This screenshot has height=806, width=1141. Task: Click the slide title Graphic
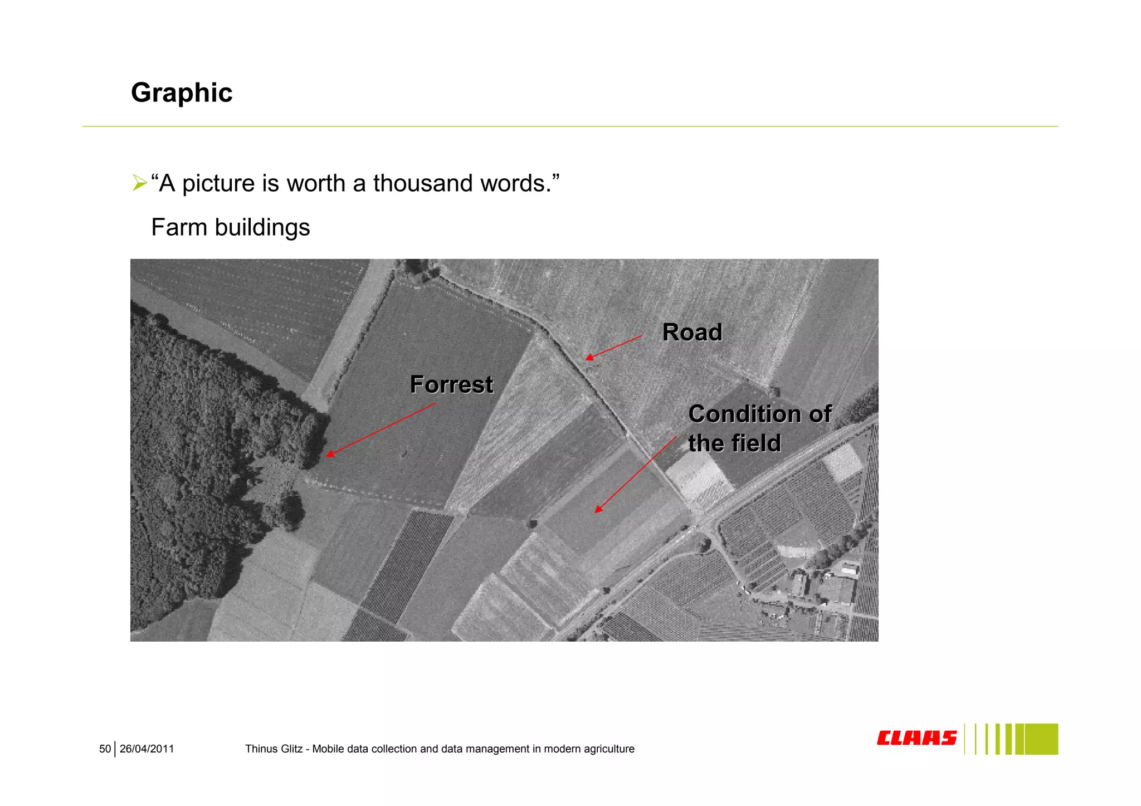(182, 93)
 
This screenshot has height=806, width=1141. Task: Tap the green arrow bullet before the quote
(139, 183)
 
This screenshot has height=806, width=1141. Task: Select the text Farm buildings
(231, 227)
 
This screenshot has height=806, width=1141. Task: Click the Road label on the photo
(692, 333)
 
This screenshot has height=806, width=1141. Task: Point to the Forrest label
(451, 385)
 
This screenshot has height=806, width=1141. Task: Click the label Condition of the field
(759, 428)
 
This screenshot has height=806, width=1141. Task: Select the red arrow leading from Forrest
(381, 429)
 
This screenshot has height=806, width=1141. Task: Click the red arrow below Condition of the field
(635, 475)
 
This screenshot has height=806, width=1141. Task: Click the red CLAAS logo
(916, 738)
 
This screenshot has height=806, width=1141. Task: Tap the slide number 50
(105, 749)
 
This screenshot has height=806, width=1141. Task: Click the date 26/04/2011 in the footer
(147, 749)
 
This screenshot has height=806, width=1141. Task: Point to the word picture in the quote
(218, 183)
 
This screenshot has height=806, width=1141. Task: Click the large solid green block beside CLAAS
(1041, 739)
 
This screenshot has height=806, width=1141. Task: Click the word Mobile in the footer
(328, 749)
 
